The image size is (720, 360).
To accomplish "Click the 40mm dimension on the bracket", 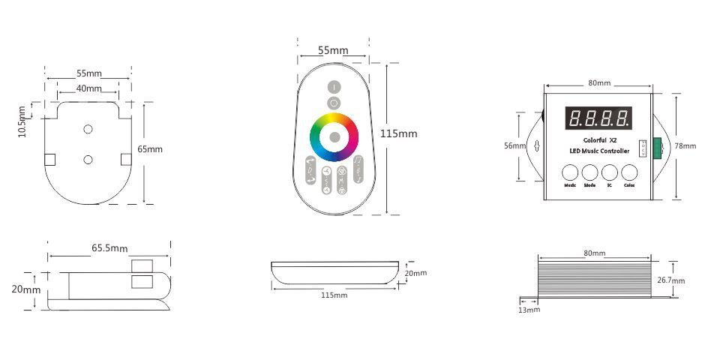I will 89,88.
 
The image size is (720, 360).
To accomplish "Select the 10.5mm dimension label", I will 22,121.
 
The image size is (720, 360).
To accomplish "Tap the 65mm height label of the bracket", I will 150,149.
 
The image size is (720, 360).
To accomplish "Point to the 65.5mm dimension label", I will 109,247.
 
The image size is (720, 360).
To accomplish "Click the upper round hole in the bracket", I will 88,130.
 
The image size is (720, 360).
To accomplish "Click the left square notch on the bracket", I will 49,159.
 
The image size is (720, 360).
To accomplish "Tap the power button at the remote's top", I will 334,87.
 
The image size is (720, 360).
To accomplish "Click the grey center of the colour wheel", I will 334,136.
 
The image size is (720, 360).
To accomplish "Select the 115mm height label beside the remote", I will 398,133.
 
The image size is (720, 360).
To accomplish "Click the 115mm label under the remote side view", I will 334,295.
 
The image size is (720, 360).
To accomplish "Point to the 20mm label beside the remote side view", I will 415,273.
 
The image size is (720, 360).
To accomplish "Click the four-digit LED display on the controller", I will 598,118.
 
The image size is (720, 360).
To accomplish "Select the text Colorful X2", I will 598,139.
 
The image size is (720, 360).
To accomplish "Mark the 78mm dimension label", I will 685,145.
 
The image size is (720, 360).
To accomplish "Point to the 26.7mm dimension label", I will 672,280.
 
